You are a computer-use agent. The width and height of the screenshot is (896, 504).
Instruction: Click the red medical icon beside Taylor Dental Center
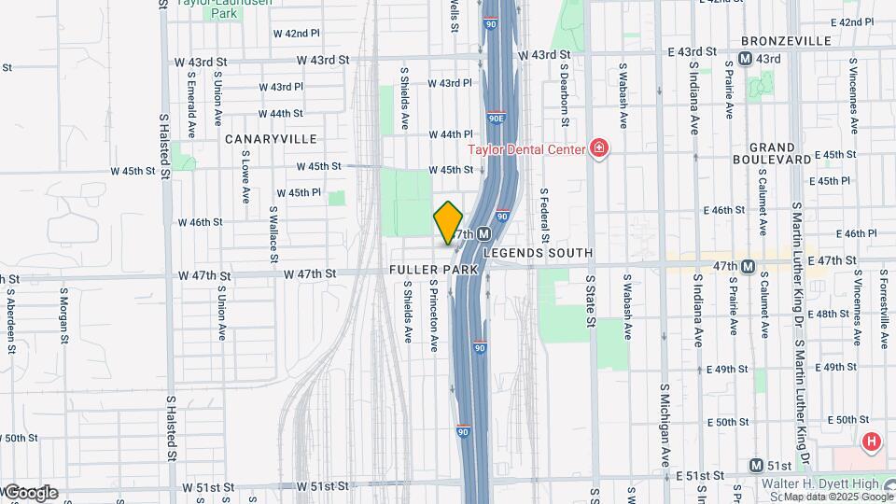(x=598, y=148)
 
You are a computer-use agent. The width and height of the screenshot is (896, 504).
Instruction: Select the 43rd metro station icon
(x=745, y=59)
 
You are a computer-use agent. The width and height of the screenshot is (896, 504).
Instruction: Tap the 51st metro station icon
(x=757, y=465)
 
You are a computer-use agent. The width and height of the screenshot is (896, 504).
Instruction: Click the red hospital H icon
(x=872, y=441)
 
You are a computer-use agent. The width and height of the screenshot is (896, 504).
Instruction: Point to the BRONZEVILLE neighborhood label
(x=786, y=41)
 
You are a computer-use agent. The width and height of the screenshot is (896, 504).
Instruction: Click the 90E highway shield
(x=497, y=119)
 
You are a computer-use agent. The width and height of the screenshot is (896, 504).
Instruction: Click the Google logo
(x=30, y=493)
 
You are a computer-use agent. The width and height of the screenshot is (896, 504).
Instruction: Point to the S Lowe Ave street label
(x=246, y=180)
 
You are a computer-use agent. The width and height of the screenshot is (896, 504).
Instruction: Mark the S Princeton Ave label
(x=434, y=318)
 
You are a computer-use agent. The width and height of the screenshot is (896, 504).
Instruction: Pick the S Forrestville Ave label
(x=882, y=308)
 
